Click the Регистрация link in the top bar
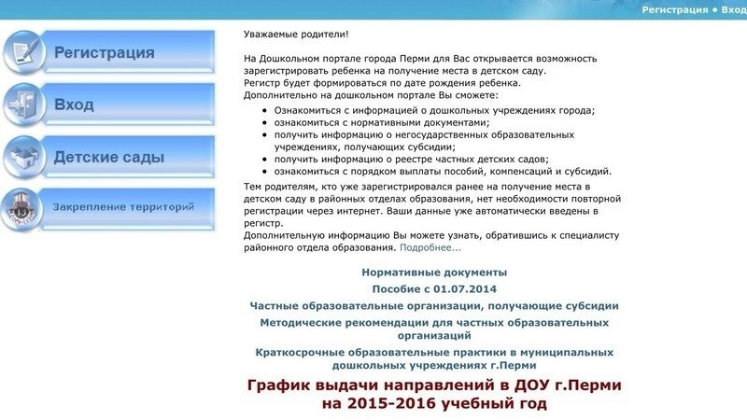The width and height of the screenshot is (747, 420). (x=674, y=9)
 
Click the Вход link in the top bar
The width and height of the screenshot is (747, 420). (x=734, y=9)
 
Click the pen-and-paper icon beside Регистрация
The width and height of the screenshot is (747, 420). (x=23, y=52)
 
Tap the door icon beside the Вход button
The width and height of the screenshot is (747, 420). (x=23, y=105)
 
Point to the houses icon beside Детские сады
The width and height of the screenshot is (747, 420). (x=23, y=157)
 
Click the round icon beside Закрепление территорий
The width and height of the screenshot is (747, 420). (x=21, y=209)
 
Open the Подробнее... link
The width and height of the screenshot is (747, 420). (x=430, y=247)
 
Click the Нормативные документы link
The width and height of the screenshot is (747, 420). (x=434, y=273)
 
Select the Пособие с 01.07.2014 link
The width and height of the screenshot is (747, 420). (x=434, y=289)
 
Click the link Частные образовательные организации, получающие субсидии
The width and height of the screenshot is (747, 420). (x=434, y=306)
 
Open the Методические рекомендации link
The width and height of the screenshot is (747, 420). (x=434, y=329)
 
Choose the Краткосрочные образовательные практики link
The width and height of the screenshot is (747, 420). (x=434, y=358)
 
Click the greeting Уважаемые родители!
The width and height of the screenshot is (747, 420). (x=296, y=35)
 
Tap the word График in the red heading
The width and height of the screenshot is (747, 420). (x=278, y=385)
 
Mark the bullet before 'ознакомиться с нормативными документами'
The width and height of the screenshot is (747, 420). (x=264, y=123)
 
